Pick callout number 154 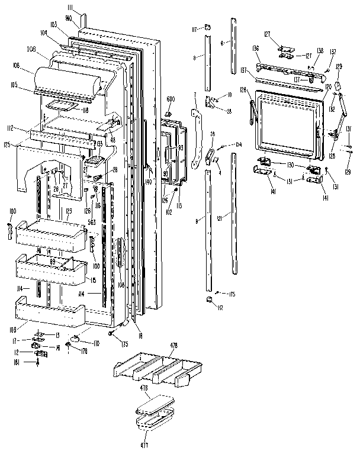pos(238,144)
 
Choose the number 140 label pos(149,182)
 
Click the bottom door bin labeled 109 pos(47,311)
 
